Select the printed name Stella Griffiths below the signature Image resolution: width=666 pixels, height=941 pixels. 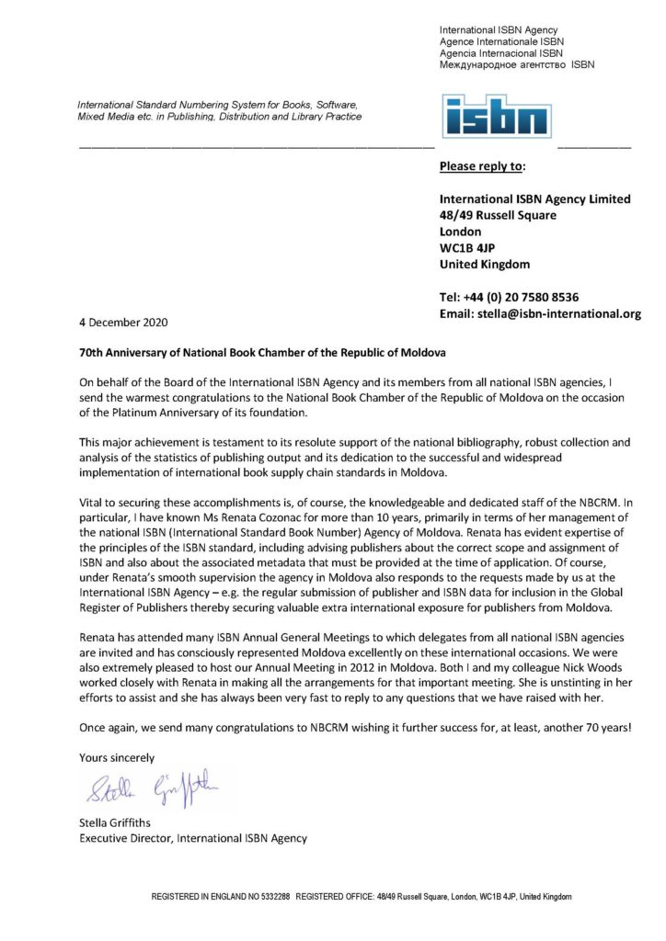115,822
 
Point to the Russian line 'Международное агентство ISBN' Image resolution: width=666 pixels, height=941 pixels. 517,65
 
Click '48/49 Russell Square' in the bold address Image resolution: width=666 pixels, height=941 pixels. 498,215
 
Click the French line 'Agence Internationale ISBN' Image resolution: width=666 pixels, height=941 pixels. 501,41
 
